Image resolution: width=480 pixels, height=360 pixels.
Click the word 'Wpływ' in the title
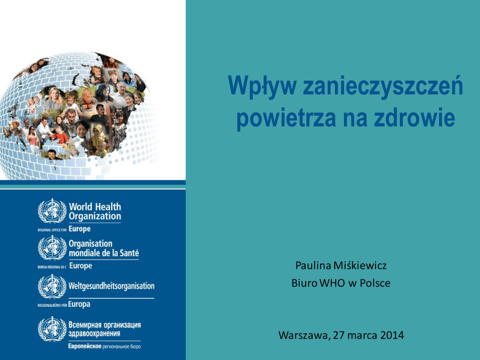click(262, 86)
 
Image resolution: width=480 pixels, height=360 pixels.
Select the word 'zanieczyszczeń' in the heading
click(383, 86)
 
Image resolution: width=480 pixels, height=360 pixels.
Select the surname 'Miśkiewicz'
click(360, 265)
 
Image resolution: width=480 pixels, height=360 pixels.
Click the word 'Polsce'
click(375, 283)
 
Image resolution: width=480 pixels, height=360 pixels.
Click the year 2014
click(392, 335)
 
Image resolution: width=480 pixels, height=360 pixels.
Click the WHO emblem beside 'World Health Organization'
click(52, 210)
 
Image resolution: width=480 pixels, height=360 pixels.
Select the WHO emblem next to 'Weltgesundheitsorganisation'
click(52, 286)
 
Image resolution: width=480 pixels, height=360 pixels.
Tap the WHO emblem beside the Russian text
click(52, 329)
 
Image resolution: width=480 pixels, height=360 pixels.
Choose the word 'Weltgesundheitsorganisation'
click(112, 286)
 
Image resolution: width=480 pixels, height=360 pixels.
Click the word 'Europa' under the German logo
click(79, 304)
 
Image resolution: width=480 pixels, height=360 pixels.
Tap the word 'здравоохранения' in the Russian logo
click(94, 333)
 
